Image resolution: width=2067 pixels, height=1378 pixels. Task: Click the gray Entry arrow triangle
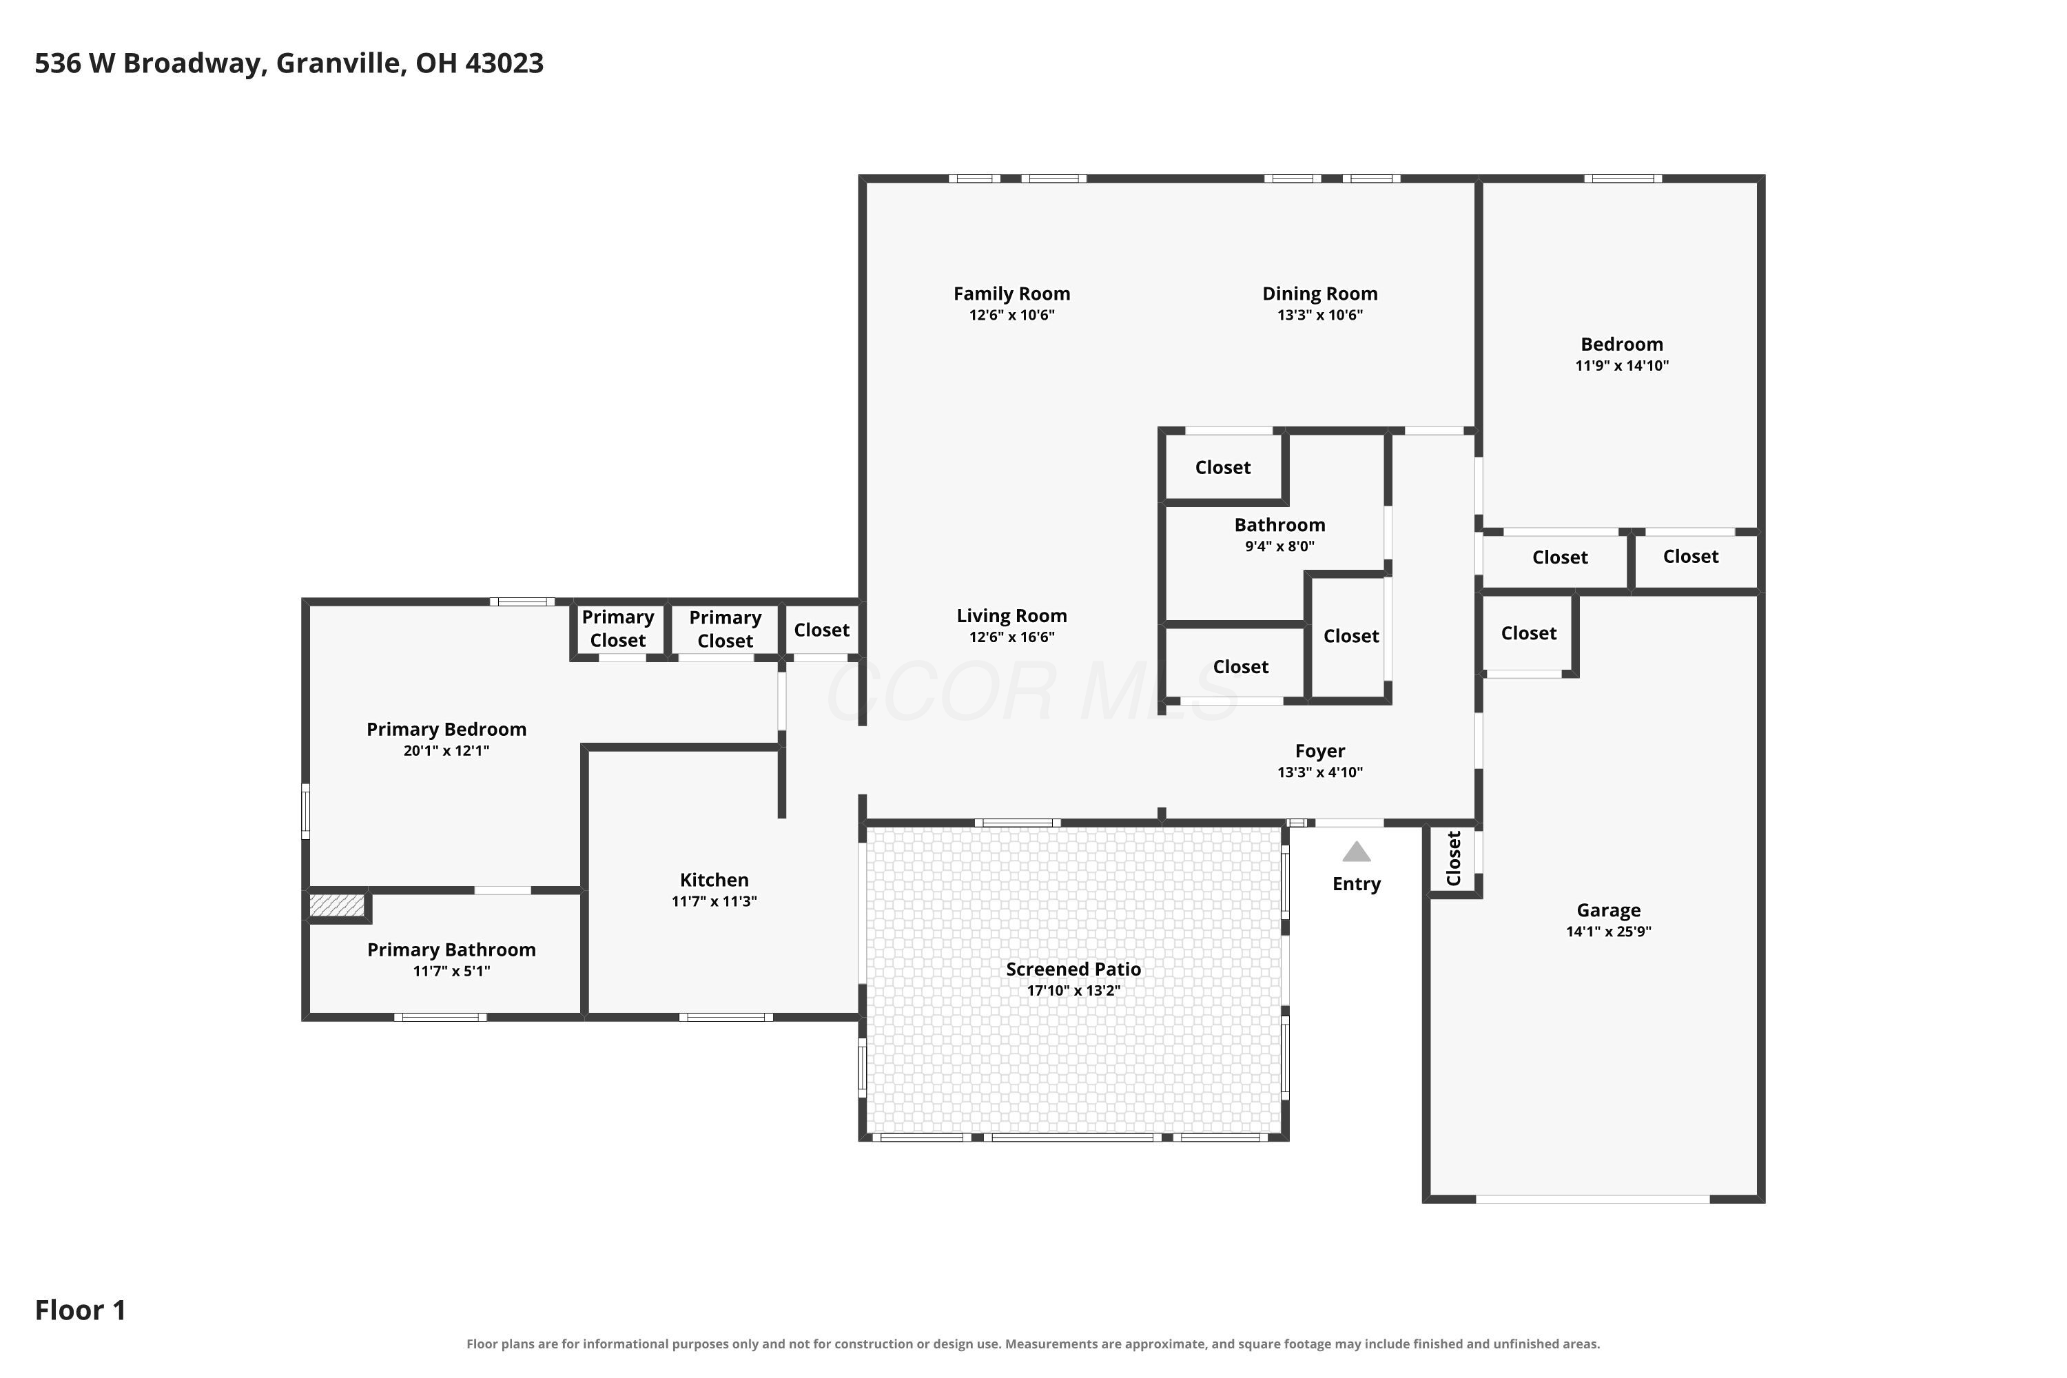pos(1356,852)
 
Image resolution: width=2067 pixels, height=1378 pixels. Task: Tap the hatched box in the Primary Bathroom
pos(337,905)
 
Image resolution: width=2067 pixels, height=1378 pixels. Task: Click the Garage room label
pos(1608,910)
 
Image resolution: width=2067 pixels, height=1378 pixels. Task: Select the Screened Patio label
pos(1073,969)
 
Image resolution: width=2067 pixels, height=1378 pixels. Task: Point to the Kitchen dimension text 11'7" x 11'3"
pos(714,901)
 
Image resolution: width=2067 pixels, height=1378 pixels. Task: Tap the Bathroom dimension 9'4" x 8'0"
pos(1279,546)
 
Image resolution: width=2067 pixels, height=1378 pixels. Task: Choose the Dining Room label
pos(1319,294)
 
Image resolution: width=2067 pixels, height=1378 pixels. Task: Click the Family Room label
pos(1011,294)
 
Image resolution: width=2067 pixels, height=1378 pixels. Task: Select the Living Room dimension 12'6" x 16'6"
pos(1011,637)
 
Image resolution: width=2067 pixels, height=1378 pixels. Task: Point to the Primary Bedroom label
pos(446,730)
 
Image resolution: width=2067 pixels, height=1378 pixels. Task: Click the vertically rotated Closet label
pos(1454,858)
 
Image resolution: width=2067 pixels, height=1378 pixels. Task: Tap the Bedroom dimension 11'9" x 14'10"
pos(1621,366)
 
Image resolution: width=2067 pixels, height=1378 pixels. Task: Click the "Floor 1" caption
pos(80,1310)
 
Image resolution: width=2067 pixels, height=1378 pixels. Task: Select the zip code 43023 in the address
pos(504,63)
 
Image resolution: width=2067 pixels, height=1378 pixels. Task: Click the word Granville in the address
pos(338,63)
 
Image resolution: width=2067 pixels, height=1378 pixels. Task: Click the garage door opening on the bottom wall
pos(1592,1199)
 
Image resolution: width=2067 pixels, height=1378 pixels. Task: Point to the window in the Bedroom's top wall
pos(1623,178)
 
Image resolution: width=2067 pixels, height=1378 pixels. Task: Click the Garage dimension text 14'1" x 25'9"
pos(1608,932)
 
